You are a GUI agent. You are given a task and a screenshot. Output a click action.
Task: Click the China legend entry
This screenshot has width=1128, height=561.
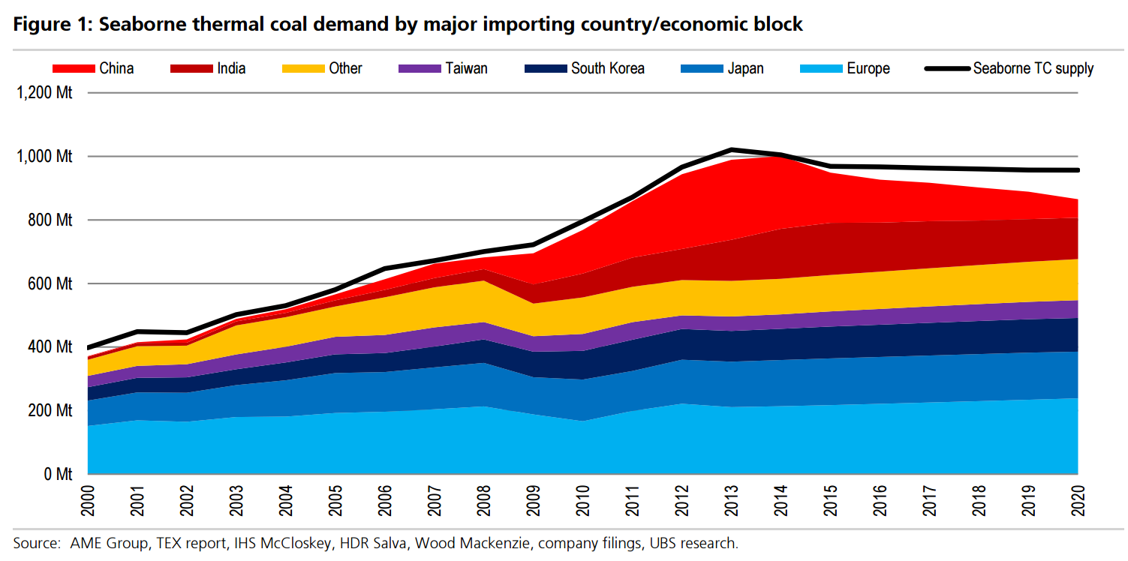pyautogui.click(x=116, y=68)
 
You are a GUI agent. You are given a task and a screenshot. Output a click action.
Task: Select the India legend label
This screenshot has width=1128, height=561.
pyautogui.click(x=231, y=68)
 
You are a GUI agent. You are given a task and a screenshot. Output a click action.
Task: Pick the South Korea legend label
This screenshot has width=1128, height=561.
pyautogui.click(x=607, y=68)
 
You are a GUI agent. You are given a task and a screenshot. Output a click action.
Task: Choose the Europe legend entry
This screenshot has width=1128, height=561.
pyautogui.click(x=868, y=68)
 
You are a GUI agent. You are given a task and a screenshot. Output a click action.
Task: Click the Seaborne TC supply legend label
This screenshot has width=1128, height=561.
pyautogui.click(x=1033, y=68)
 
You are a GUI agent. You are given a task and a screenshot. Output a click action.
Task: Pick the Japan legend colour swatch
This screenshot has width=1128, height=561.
pyautogui.click(x=702, y=68)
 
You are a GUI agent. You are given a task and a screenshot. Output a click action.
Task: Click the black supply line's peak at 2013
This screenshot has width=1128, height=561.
pyautogui.click(x=732, y=150)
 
